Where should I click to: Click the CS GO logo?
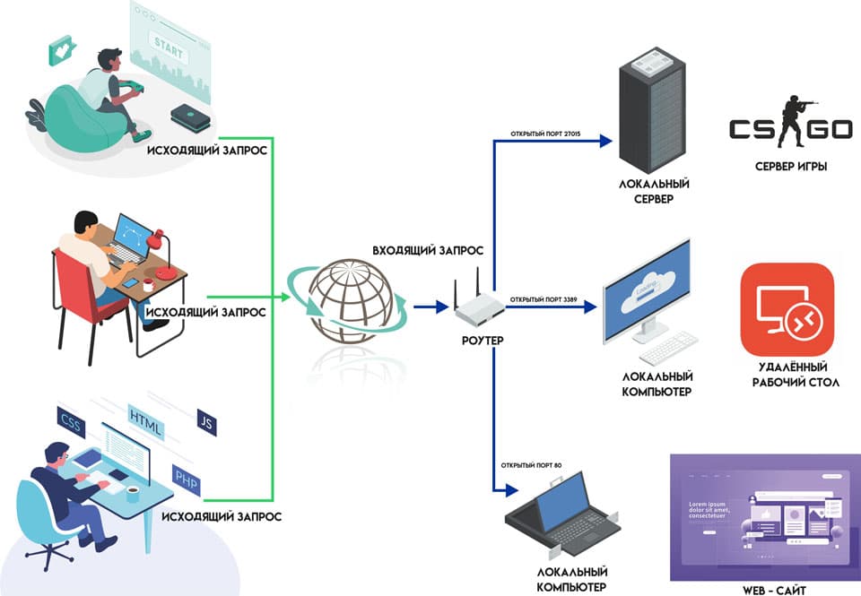pos(789,128)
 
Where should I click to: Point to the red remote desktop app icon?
pos(787,309)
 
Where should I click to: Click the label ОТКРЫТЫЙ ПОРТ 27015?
pos(546,134)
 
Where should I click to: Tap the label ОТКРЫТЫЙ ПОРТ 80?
pos(531,465)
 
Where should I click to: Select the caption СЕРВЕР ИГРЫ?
pos(789,168)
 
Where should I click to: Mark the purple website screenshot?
pos(763,516)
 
